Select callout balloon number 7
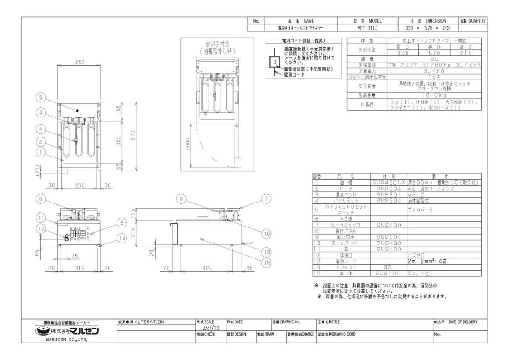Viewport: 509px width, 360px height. (x=267, y=199)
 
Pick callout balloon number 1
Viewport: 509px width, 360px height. (x=42, y=152)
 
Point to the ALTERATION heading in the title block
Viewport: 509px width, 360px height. (x=141, y=322)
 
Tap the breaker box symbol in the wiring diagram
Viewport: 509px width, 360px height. (x=271, y=61)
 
